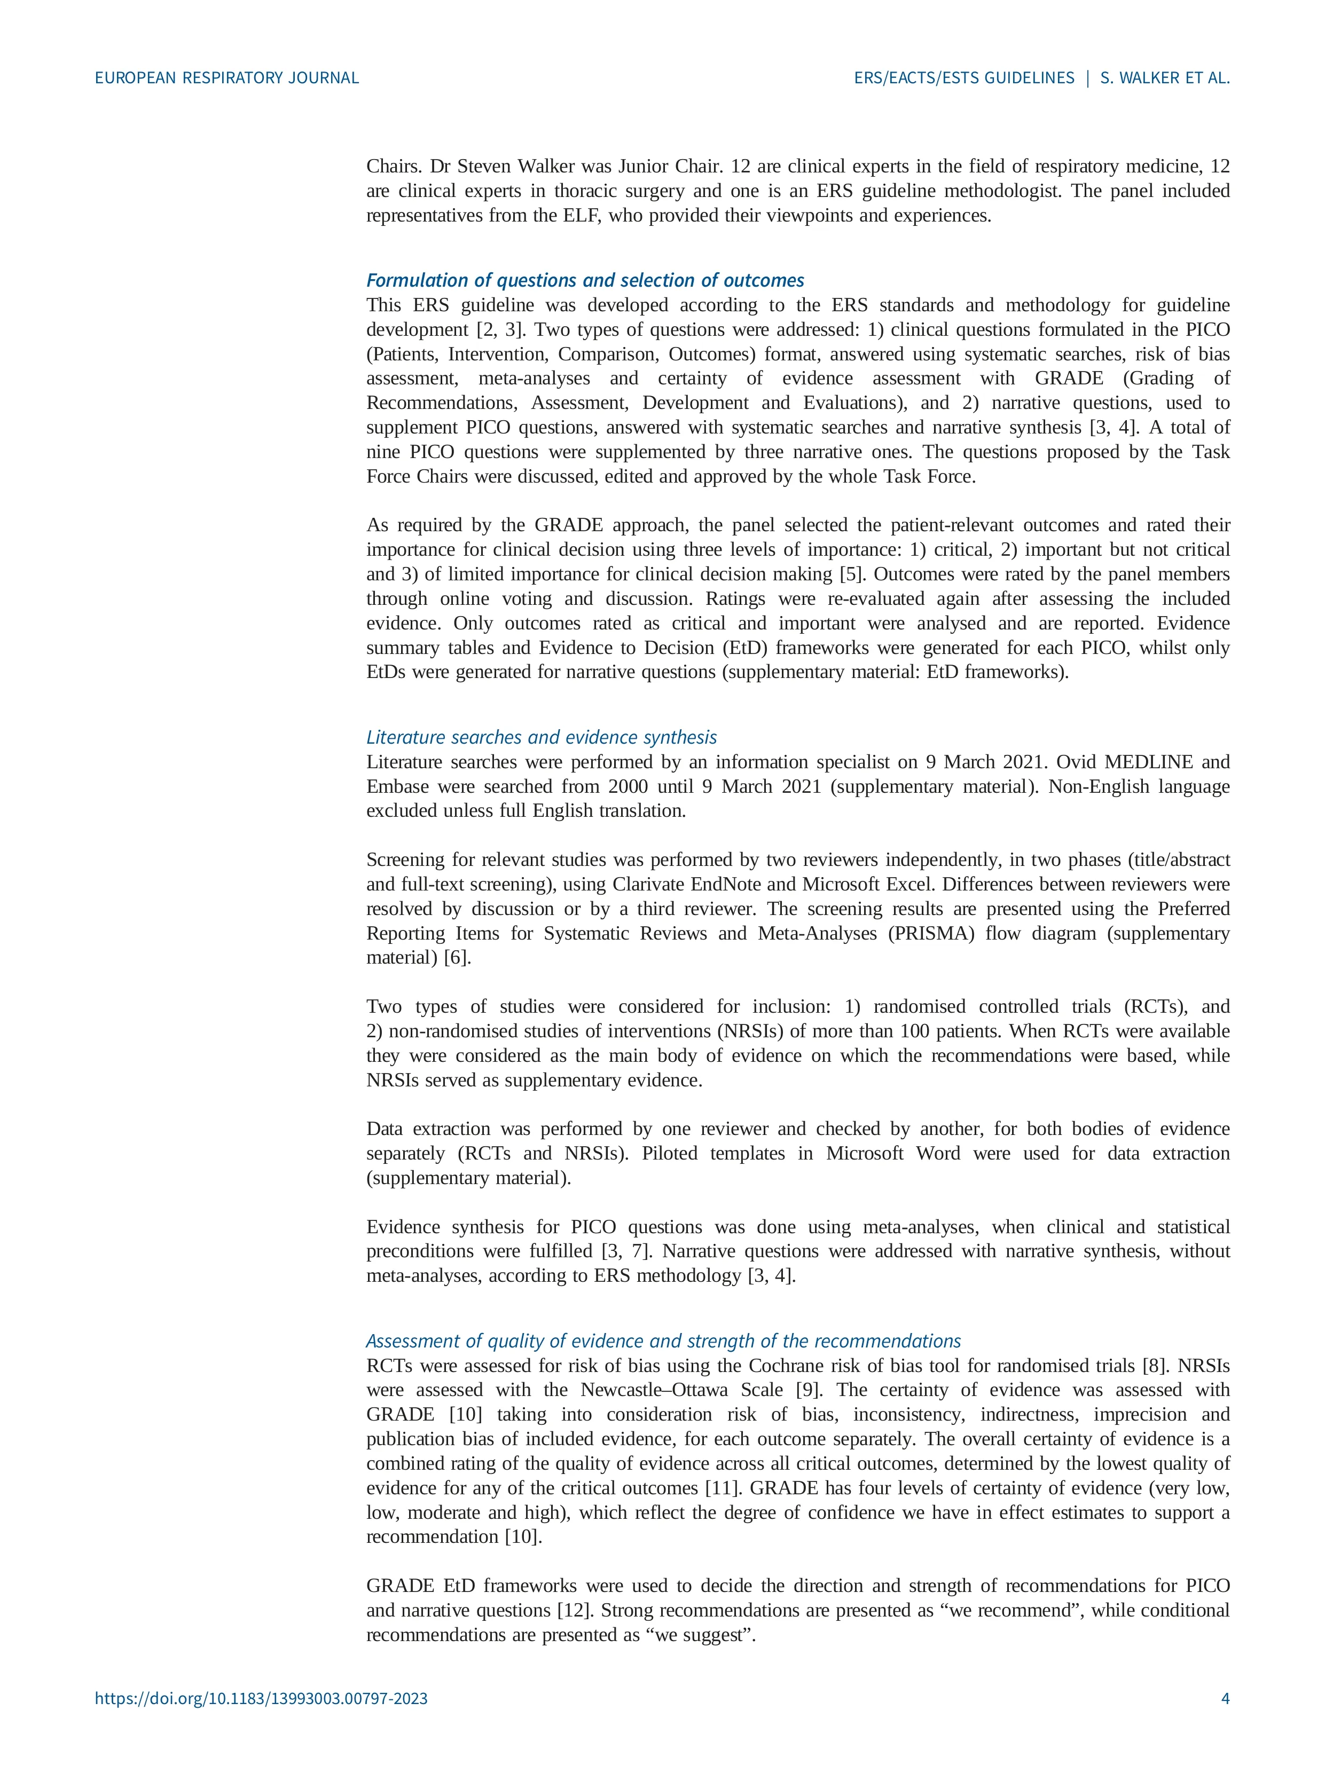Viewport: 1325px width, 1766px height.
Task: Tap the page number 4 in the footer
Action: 1225,1721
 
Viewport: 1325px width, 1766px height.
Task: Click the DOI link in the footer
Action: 261,1721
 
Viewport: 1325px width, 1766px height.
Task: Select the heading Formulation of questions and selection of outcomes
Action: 585,280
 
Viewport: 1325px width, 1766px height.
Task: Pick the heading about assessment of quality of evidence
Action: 663,1341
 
